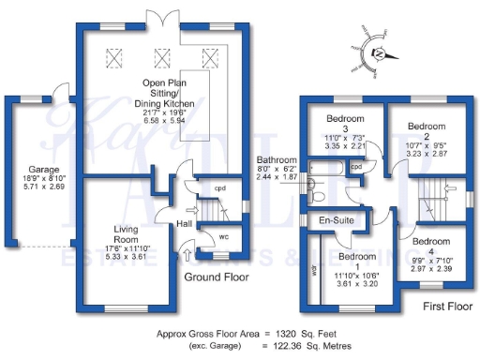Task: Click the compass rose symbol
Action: point(371,53)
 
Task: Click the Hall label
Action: point(185,223)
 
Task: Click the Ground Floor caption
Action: point(216,277)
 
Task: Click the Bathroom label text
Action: point(277,160)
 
